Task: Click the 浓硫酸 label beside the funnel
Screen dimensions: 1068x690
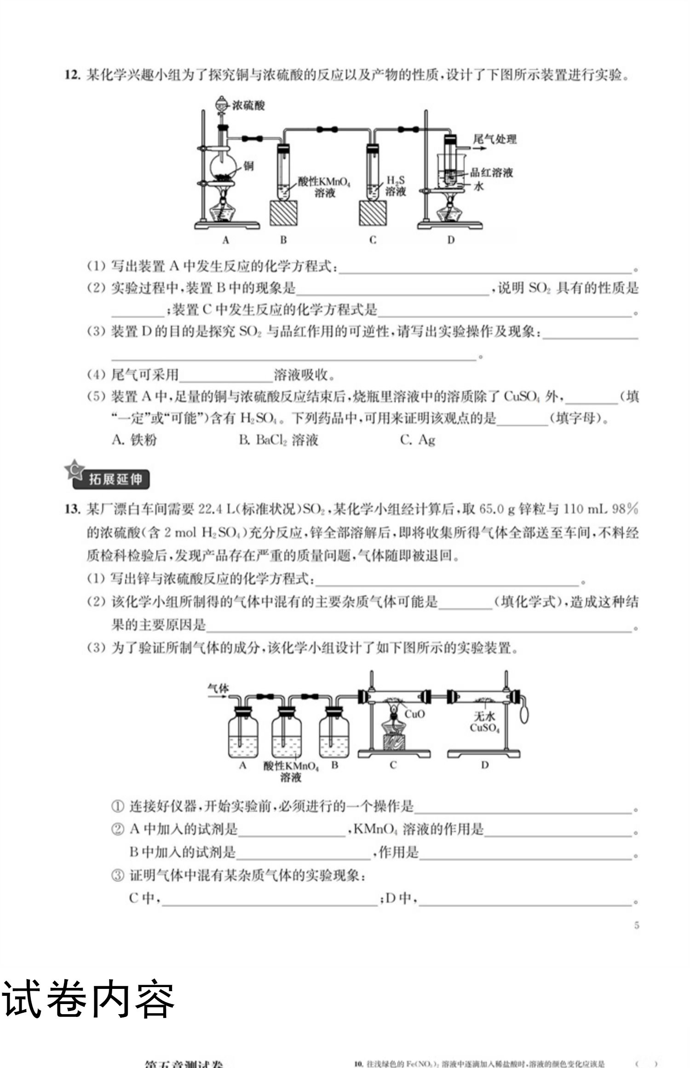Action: click(249, 105)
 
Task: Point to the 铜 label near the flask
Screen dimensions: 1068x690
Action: click(248, 166)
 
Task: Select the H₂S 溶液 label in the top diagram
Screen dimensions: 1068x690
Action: click(395, 186)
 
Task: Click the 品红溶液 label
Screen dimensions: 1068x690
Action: click(491, 173)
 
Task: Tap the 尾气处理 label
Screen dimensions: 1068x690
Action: click(495, 139)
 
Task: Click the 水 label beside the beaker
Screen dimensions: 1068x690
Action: click(479, 187)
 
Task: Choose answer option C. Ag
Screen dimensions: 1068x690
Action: click(418, 440)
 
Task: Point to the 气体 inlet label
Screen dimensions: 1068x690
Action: click(218, 689)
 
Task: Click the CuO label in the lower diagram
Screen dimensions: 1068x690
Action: click(414, 714)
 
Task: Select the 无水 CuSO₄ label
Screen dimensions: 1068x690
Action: click(484, 722)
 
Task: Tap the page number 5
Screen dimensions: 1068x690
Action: click(637, 925)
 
